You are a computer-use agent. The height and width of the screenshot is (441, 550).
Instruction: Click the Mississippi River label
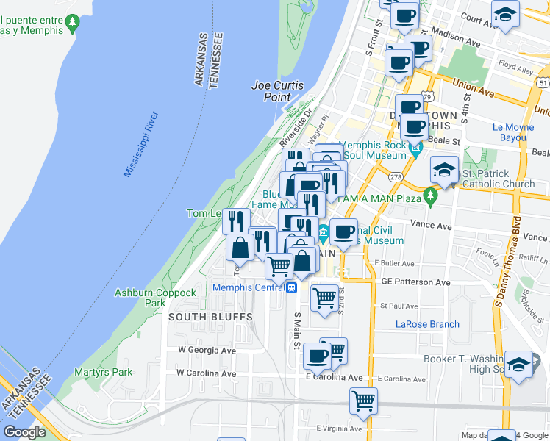pos(141,145)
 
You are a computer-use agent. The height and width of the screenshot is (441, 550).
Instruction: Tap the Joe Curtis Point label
pos(277,91)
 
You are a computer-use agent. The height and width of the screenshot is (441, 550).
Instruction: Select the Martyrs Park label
pos(103,372)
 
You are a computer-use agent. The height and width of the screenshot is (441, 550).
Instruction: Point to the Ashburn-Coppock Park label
pos(155,298)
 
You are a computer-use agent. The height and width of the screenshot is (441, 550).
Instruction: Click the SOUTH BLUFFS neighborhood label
pos(210,317)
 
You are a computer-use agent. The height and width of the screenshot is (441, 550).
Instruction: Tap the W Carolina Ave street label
pos(206,373)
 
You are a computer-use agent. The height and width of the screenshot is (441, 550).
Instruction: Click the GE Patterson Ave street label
pos(415,282)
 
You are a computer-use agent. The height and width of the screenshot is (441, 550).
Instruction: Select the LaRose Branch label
pos(427,324)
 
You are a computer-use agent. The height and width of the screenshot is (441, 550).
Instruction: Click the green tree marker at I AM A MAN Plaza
pos(430,196)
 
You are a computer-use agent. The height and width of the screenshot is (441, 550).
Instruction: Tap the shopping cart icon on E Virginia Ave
pos(363,401)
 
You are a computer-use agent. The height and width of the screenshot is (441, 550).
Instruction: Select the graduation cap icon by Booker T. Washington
pos(518,363)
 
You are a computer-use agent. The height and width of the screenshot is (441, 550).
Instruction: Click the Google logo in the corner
pos(25,432)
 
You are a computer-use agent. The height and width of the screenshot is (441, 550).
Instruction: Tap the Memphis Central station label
pos(248,287)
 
